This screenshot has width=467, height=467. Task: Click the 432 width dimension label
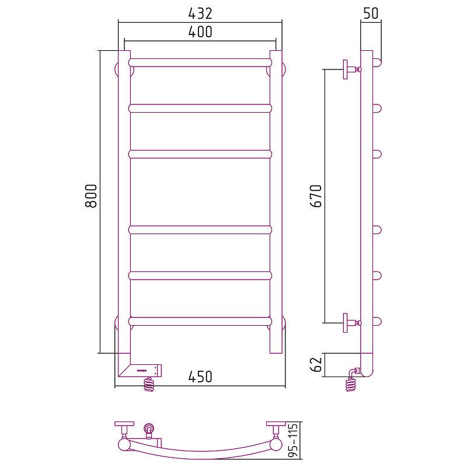click(200, 13)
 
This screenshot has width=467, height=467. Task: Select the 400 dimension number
click(200, 32)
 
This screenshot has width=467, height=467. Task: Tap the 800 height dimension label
click(91, 196)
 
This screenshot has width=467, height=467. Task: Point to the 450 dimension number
click(200, 377)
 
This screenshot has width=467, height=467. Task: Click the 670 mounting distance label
click(316, 196)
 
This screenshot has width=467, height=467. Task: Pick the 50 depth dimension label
click(371, 13)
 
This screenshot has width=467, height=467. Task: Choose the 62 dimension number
click(316, 364)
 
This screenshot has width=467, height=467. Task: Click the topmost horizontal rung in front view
click(200, 62)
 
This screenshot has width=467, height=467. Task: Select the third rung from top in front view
click(200, 154)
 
